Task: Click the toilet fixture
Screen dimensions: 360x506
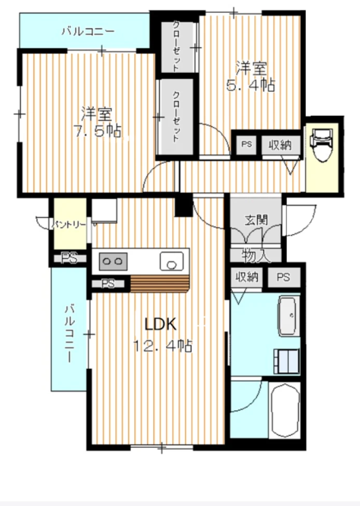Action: pos(321,145)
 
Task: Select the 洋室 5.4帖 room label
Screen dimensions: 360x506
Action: pos(251,77)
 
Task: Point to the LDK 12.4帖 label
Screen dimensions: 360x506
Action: pos(162,334)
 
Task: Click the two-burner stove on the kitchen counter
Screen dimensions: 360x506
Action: pos(113,261)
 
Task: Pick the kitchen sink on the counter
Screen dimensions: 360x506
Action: pos(172,261)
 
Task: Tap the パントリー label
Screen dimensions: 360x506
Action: pos(69,224)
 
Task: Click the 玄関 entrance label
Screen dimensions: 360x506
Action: pos(256,220)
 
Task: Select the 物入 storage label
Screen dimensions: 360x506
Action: pos(256,256)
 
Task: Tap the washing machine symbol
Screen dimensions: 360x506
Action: pos(286,361)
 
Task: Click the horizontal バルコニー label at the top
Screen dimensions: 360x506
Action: pos(88,31)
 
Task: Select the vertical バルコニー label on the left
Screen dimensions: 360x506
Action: pos(70,334)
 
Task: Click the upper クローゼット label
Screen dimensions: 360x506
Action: pos(176,46)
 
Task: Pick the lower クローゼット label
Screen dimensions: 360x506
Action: pos(176,117)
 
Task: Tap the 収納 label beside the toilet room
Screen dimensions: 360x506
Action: pos(280,145)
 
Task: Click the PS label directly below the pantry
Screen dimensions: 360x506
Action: pos(69,258)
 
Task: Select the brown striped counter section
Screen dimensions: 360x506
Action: pos(159,284)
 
